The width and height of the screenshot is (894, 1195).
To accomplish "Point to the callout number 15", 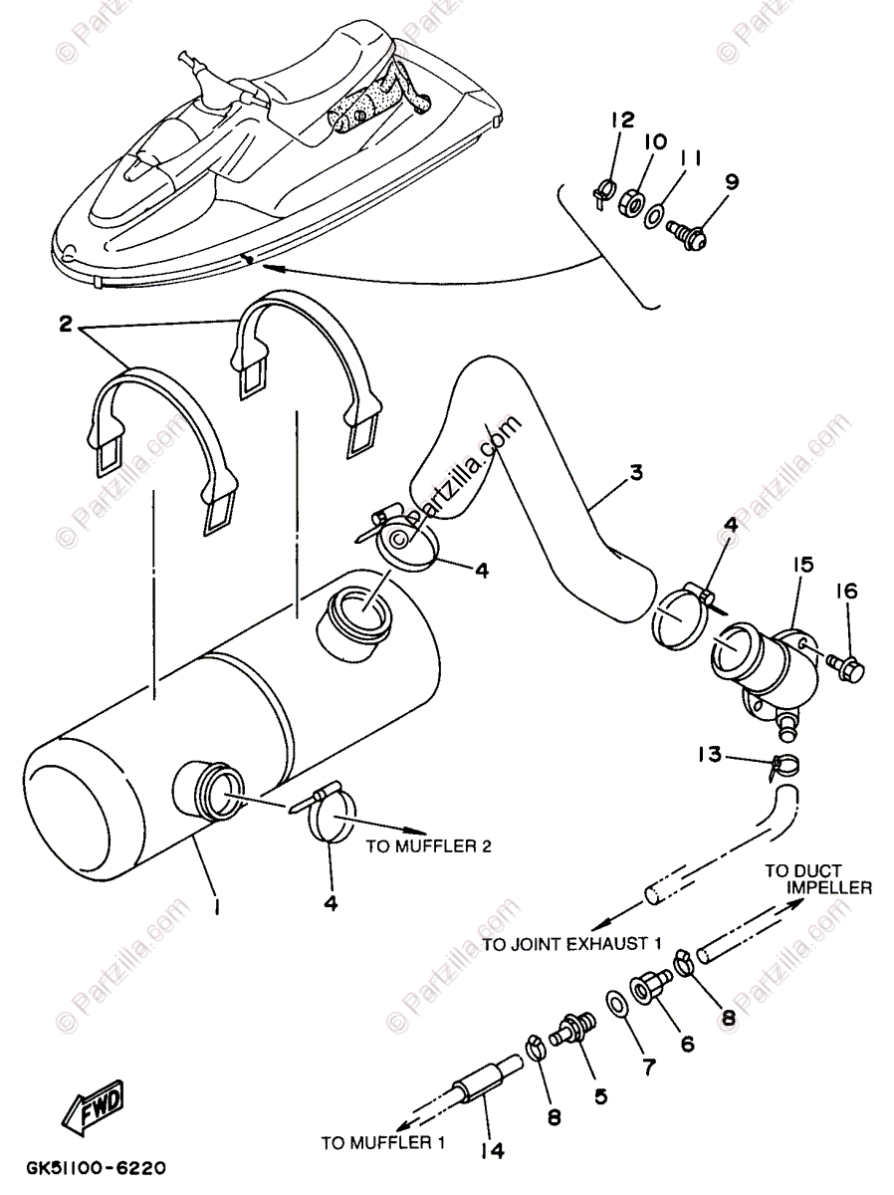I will pos(803,564).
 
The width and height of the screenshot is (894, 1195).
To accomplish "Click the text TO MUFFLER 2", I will pos(429,847).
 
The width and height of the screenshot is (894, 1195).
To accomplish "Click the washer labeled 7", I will pos(616,1002).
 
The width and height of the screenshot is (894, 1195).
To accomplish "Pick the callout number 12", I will pos(623,120).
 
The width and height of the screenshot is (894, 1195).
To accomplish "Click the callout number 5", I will pos(600,1093).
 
